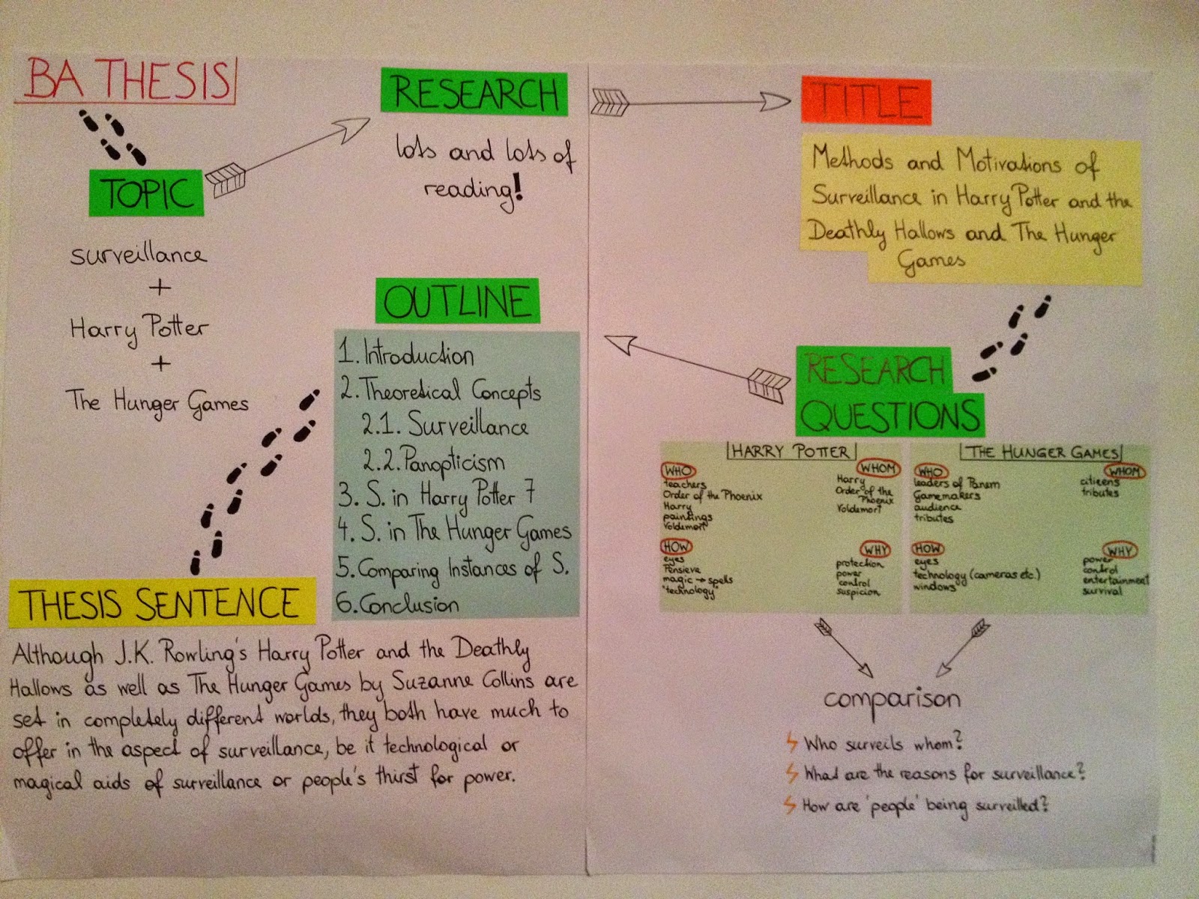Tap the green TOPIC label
[x=147, y=193]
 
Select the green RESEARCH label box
[x=474, y=94]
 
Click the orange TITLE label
[x=866, y=100]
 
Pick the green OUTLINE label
[x=457, y=301]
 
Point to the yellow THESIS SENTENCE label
[x=161, y=603]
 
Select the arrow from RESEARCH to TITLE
[x=689, y=101]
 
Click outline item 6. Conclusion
[x=397, y=604]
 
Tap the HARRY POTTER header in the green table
[x=790, y=452]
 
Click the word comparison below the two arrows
[x=892, y=700]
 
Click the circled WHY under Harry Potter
[x=875, y=550]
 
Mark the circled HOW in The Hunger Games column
[x=928, y=548]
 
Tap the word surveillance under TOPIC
[x=138, y=255]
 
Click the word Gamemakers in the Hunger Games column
[x=946, y=496]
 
